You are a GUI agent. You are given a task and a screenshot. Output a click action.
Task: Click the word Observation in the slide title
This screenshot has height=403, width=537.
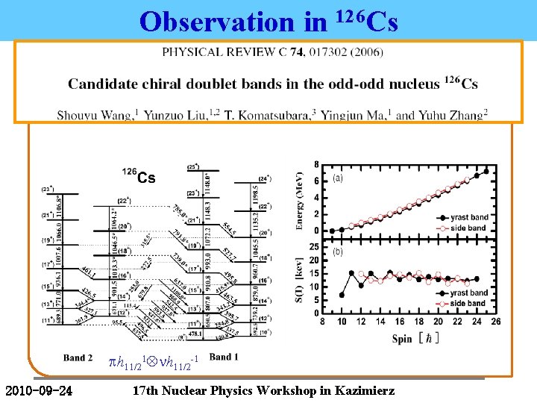216,22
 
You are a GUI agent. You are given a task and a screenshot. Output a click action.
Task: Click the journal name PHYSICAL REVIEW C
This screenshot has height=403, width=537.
224,52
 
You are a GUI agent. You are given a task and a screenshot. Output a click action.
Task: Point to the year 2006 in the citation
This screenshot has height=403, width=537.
359,52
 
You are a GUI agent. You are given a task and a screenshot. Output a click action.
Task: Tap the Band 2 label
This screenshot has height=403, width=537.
78,357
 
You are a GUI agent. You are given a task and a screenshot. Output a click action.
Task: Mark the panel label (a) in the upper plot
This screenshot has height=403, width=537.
338,178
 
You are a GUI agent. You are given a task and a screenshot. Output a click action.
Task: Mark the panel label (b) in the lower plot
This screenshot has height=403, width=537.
337,252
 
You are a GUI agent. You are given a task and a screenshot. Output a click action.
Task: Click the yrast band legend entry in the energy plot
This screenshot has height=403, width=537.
469,217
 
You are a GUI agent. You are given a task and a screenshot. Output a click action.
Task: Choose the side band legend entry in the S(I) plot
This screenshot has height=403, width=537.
468,303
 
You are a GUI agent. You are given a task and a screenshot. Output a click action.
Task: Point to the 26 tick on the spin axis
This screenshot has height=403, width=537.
495,322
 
